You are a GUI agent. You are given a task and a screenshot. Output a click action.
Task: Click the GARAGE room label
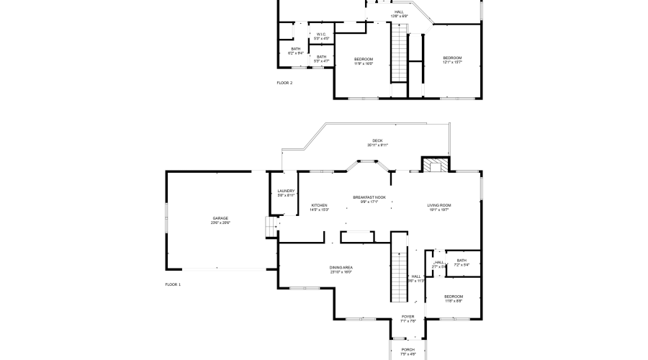(x=220, y=218)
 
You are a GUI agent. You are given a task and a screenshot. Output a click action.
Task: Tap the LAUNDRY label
(x=286, y=191)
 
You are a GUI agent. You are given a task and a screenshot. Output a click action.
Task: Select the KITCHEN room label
(x=319, y=205)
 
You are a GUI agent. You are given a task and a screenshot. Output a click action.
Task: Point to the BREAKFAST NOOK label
(x=369, y=197)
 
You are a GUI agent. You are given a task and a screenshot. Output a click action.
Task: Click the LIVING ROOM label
(x=439, y=205)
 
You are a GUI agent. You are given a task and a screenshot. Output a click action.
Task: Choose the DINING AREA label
(x=341, y=267)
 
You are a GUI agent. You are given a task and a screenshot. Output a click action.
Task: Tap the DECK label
(x=377, y=141)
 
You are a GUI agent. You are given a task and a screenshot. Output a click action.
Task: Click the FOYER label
(x=408, y=317)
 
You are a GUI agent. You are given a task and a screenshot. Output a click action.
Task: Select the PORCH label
(x=408, y=349)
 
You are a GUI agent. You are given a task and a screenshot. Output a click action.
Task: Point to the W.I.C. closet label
(x=321, y=34)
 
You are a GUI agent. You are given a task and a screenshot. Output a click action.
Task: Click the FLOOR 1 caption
(x=173, y=284)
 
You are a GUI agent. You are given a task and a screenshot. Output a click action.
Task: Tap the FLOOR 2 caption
(x=284, y=83)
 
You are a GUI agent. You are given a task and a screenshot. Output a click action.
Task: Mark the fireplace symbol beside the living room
(x=434, y=166)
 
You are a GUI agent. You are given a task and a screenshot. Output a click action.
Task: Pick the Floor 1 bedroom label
(x=454, y=297)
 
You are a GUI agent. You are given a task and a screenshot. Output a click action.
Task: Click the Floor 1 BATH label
(x=462, y=261)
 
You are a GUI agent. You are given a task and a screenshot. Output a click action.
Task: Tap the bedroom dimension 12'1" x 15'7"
(x=452, y=63)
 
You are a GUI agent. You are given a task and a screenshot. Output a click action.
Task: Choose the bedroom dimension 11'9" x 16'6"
(x=364, y=63)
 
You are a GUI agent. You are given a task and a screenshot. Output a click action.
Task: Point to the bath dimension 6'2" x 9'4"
(x=296, y=53)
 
